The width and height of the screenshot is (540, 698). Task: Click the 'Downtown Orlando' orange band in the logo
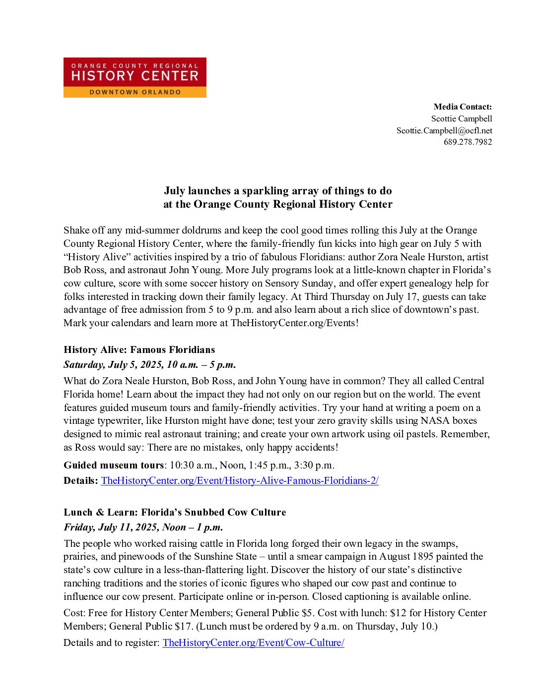(x=135, y=92)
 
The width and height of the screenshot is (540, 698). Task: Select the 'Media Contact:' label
(x=463, y=107)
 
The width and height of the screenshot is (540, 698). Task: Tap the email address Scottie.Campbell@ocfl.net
(x=444, y=130)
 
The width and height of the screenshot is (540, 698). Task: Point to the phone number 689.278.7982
(x=468, y=142)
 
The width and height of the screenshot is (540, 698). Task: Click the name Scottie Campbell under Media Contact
(x=462, y=118)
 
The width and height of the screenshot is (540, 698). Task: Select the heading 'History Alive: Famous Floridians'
(x=139, y=349)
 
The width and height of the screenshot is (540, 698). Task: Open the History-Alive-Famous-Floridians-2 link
(x=240, y=480)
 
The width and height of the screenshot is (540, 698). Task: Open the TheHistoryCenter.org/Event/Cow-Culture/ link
(x=253, y=642)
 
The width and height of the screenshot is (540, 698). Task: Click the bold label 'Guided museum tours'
(x=114, y=465)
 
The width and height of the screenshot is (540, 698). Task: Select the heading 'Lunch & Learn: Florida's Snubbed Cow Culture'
(x=175, y=512)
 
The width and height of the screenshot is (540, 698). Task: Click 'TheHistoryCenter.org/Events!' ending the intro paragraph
(x=294, y=323)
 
